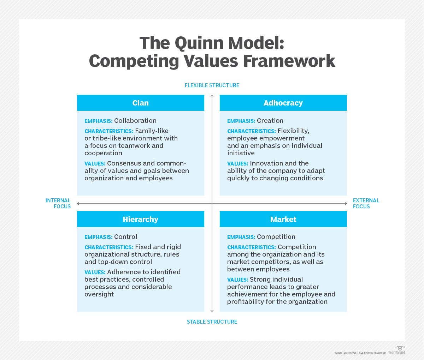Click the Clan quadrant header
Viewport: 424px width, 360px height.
tap(140, 103)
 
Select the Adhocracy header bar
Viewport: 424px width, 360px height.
tap(283, 103)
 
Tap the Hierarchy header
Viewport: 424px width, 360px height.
tap(140, 219)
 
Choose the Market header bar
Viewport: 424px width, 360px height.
tap(283, 219)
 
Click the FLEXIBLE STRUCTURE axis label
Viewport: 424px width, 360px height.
tap(212, 85)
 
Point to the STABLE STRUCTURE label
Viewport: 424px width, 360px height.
tap(212, 322)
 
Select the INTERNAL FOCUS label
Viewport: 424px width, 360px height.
tap(58, 203)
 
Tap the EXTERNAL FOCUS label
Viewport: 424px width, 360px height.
tap(366, 203)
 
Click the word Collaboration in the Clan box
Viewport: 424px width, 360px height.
tap(135, 120)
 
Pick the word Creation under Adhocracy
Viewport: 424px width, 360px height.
tap(270, 120)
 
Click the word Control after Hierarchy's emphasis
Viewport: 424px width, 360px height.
tap(126, 236)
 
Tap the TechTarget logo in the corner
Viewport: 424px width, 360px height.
tap(397, 350)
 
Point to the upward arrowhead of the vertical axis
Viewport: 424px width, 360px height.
tap(212, 96)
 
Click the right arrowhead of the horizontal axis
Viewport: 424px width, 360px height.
tap(346, 203)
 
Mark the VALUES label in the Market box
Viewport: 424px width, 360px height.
tap(237, 280)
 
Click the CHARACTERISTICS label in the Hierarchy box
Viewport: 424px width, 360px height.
tap(109, 247)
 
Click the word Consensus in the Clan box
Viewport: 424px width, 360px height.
tap(124, 163)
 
